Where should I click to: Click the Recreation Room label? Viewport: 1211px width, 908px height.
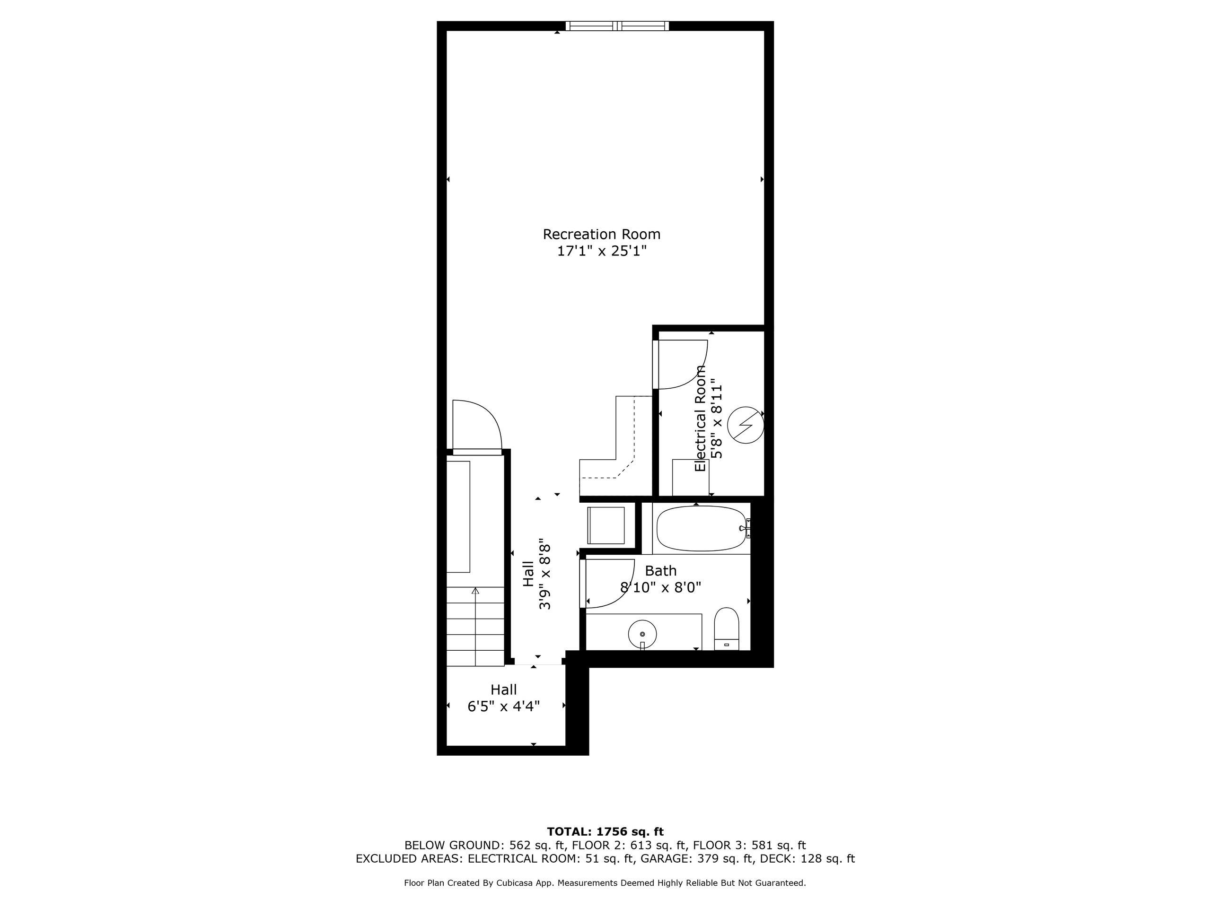pyautogui.click(x=601, y=234)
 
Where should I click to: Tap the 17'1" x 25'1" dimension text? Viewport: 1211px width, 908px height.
pyautogui.click(x=602, y=251)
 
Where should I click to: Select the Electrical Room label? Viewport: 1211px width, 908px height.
pyautogui.click(x=700, y=419)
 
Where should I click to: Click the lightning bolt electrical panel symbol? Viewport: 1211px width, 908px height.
pyautogui.click(x=745, y=426)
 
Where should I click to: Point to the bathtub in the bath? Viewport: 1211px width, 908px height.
pyautogui.click(x=702, y=528)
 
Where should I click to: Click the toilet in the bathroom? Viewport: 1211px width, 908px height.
pyautogui.click(x=727, y=629)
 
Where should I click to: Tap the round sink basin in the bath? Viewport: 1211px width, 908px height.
pyautogui.click(x=642, y=634)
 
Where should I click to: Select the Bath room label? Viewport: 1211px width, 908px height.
pyautogui.click(x=660, y=571)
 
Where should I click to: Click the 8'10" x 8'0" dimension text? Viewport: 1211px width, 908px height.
pyautogui.click(x=660, y=587)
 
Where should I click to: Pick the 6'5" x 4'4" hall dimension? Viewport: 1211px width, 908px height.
pyautogui.click(x=504, y=706)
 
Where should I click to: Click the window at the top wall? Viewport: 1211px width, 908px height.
pyautogui.click(x=617, y=26)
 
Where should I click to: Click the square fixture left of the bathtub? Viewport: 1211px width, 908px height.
pyautogui.click(x=605, y=525)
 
